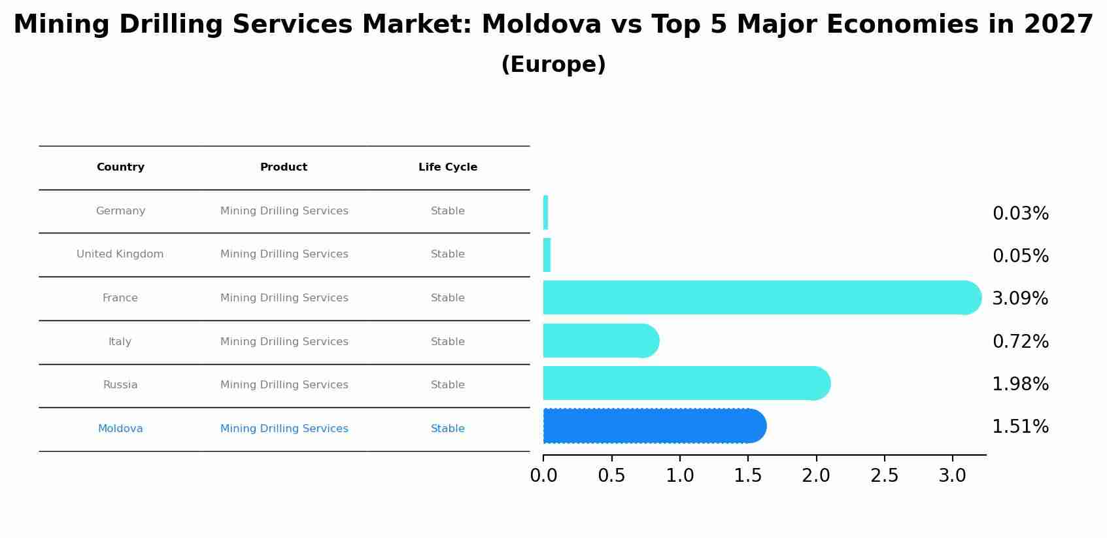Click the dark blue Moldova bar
654,426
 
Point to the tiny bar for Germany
545,212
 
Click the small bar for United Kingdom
547,255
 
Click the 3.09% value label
1019,299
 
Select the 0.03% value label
1020,214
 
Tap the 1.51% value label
1020,427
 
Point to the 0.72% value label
1020,342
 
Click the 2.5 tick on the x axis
884,476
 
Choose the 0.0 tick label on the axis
543,476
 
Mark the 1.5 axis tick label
747,476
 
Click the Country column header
120,167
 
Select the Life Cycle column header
448,167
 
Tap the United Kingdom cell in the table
120,254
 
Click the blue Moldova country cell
120,429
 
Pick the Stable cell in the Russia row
448,385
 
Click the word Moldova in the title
541,25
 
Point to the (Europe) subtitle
553,65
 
